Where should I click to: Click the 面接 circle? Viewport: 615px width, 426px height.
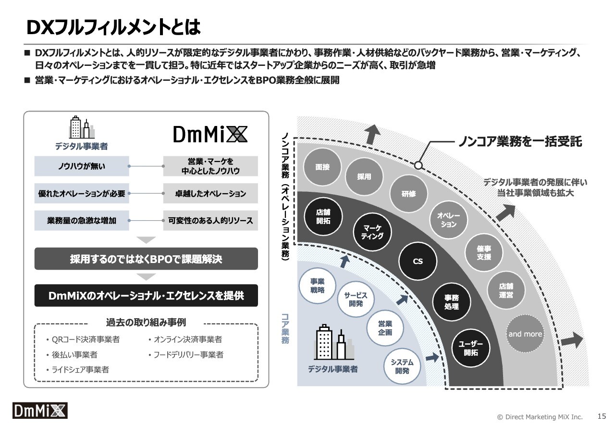click(322, 167)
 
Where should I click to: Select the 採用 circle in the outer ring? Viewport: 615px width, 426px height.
click(364, 176)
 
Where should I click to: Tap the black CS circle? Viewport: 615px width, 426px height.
click(418, 261)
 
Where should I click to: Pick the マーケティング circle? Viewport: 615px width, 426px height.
click(372, 232)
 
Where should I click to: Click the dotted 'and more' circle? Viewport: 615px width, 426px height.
click(525, 334)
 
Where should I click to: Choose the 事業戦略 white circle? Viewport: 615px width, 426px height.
click(318, 286)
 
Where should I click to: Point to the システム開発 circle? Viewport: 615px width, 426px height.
click(402, 366)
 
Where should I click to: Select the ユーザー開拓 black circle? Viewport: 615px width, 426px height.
click(470, 348)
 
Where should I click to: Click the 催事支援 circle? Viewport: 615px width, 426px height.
click(483, 252)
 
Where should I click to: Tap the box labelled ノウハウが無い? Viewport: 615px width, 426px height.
click(82, 166)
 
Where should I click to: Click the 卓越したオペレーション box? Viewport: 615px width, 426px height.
click(210, 193)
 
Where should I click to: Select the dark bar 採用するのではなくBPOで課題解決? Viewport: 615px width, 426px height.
click(146, 259)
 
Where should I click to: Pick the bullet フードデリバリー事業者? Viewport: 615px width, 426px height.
click(186, 354)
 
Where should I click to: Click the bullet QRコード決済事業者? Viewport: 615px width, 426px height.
click(83, 339)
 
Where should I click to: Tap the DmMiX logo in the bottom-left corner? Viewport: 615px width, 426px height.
click(40, 411)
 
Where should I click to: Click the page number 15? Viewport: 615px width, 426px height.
click(602, 416)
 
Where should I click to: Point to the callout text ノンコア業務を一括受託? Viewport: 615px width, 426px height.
click(520, 141)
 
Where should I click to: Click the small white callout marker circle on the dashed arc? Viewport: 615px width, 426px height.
click(418, 165)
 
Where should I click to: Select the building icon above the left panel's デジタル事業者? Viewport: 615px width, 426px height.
click(82, 127)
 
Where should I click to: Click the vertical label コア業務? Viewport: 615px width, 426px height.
click(285, 329)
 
